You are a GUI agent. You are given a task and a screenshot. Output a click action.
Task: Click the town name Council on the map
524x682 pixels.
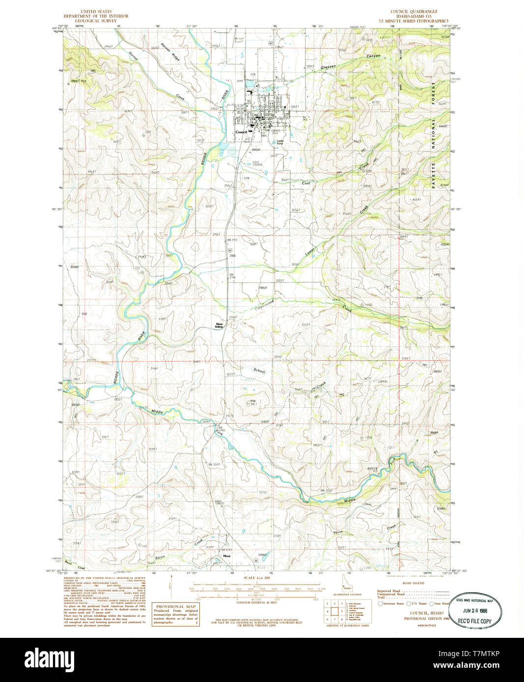241,132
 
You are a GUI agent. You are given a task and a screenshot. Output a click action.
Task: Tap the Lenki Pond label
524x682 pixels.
280,142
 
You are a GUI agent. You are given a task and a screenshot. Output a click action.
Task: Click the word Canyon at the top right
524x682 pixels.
374,56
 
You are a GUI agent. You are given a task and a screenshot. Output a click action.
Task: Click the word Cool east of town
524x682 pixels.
306,183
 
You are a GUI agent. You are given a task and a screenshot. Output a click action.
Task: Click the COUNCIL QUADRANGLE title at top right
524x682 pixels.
414,11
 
